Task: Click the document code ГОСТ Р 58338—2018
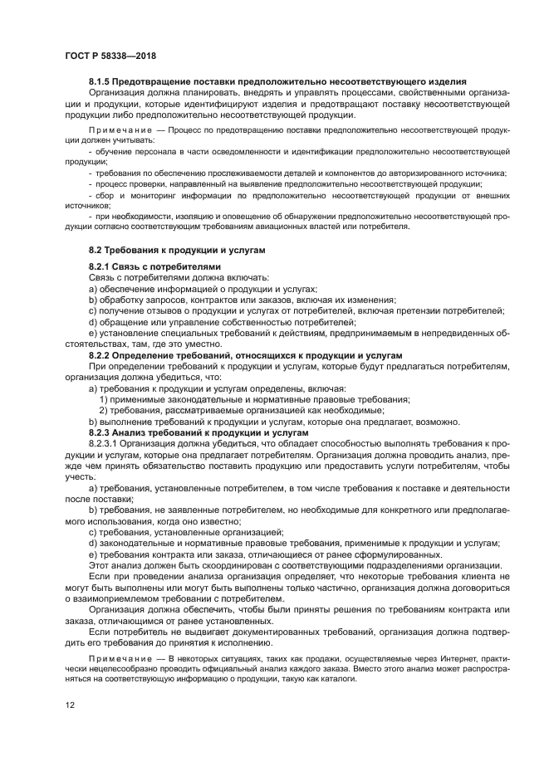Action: [110, 56]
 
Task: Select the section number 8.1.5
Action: [103, 81]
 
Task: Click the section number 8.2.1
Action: [103, 267]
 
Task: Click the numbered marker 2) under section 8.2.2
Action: [104, 409]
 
